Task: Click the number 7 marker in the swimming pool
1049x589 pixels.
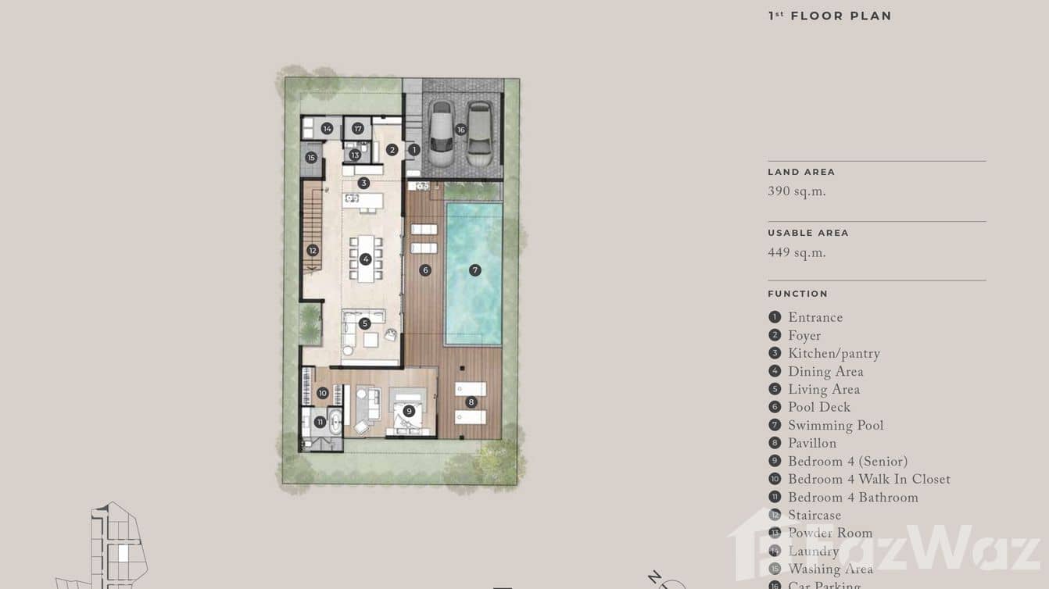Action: coord(474,270)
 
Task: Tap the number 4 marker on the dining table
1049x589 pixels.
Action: coord(365,259)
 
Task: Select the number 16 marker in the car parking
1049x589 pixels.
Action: coord(460,130)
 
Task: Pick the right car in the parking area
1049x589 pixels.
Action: coord(479,134)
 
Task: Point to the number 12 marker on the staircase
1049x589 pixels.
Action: coord(313,251)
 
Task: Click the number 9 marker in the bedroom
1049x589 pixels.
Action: coord(409,411)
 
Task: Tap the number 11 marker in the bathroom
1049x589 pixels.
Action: coord(320,422)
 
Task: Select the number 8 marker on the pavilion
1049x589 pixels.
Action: coord(471,402)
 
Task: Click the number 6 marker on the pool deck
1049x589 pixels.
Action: coord(425,270)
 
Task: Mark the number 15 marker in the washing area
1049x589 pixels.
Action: coord(311,158)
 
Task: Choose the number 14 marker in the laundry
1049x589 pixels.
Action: coord(327,129)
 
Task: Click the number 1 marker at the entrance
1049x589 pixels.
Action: coord(414,149)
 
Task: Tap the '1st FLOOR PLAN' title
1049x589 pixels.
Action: coord(829,16)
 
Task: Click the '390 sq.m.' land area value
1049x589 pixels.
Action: coord(797,192)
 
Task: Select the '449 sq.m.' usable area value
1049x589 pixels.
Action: coord(797,253)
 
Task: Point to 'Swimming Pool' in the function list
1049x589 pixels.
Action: coord(835,426)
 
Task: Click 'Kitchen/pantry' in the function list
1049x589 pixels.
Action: coord(833,354)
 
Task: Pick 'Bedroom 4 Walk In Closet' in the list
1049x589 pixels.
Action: coord(868,480)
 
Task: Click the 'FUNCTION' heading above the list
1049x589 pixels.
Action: coord(797,294)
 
